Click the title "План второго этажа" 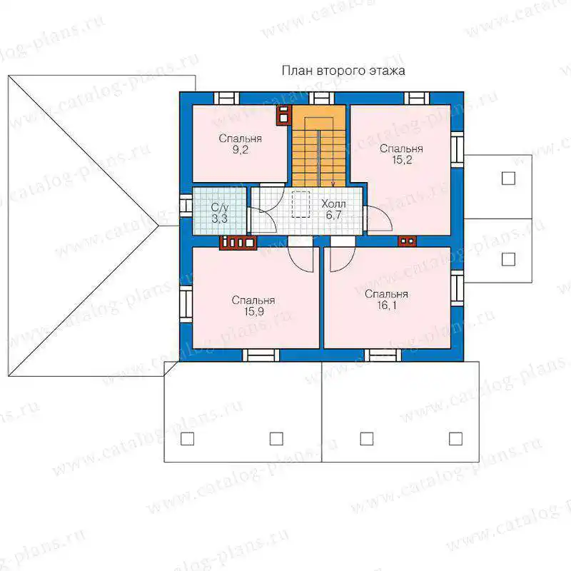coord(343,70)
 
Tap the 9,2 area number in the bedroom coord(241,150)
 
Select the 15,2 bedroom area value coord(402,160)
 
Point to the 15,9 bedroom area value coord(254,312)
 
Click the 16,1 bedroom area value coord(387,305)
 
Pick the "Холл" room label coord(333,203)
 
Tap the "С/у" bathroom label coord(220,208)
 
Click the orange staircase coord(319,146)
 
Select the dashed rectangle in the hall coord(300,204)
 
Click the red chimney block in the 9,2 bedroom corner coord(284,115)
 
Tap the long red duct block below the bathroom coord(238,243)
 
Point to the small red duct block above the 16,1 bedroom coord(407,241)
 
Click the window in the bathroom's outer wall coord(186,206)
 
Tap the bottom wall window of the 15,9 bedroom coord(261,355)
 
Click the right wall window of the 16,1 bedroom coord(457,288)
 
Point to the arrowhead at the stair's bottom coord(333,184)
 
